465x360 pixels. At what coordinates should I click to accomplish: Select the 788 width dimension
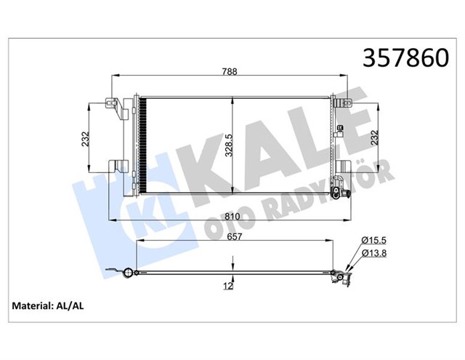(x=231, y=71)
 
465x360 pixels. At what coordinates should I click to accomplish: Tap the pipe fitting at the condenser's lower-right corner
(x=337, y=192)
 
